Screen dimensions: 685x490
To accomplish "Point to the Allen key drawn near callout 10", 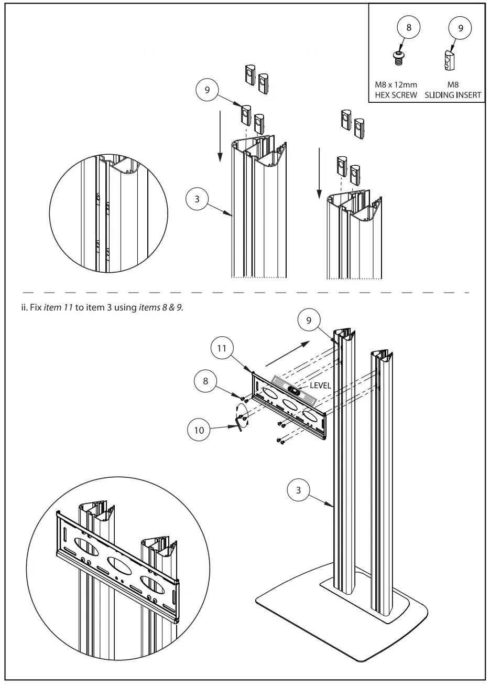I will click(241, 422).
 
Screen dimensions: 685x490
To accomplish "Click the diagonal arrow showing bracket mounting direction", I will click(286, 353).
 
